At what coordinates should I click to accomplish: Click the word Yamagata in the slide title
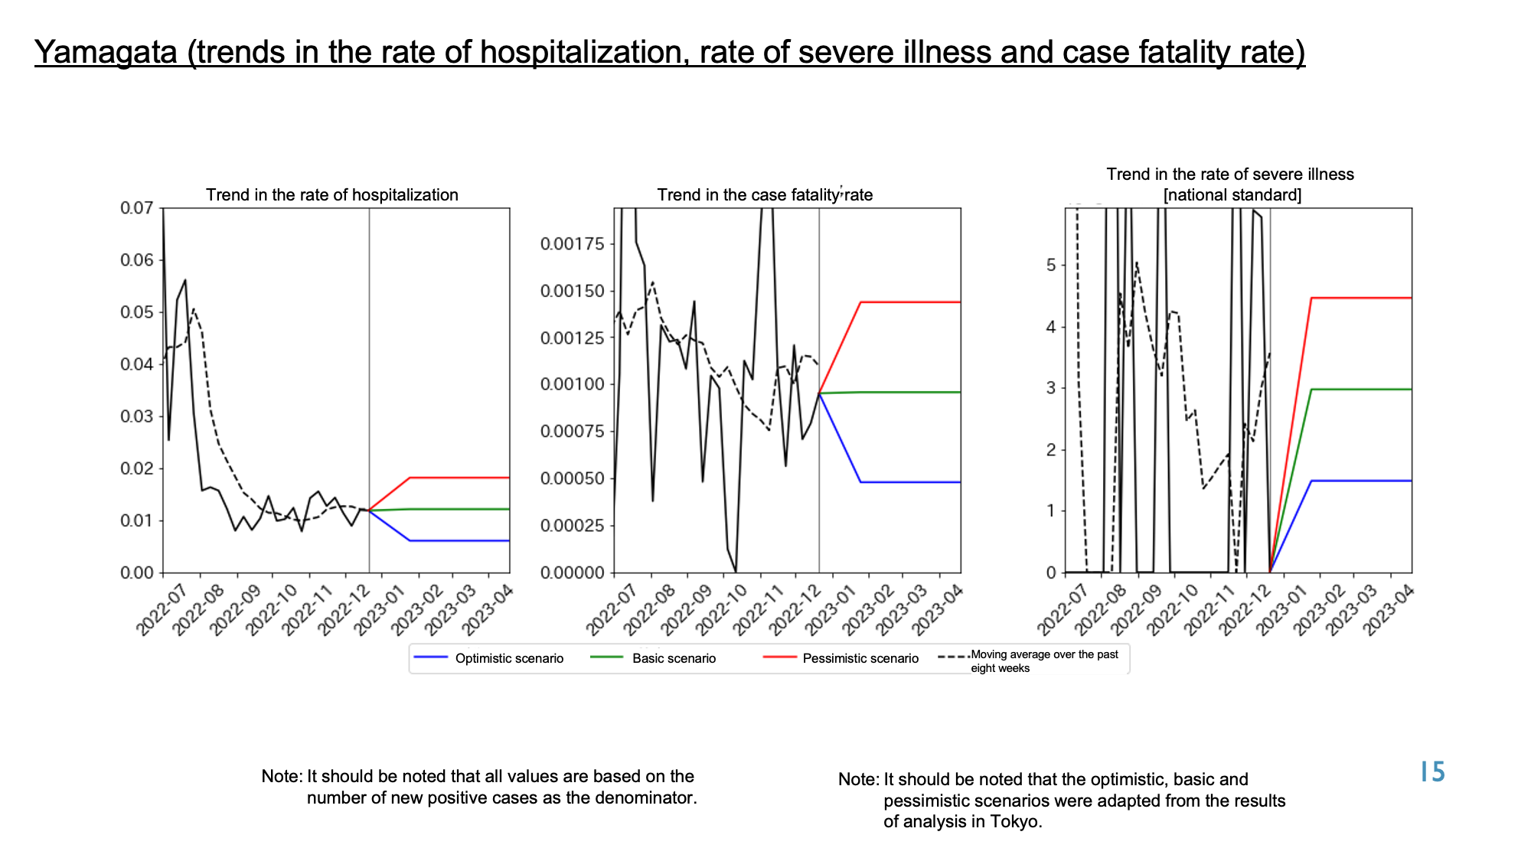[x=106, y=52]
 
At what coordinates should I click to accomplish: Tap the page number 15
[x=1432, y=772]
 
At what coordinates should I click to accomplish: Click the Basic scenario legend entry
[x=654, y=658]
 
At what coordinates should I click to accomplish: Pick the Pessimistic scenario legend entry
[x=841, y=658]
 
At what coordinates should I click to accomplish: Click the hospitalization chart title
[x=332, y=195]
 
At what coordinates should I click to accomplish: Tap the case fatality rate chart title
[x=765, y=195]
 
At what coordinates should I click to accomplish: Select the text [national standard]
[x=1232, y=195]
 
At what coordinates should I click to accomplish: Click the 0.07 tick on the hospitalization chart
[x=137, y=208]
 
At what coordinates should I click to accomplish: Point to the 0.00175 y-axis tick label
[x=573, y=244]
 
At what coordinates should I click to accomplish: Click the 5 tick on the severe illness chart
[x=1051, y=266]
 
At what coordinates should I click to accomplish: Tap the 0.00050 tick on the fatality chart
[x=573, y=479]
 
